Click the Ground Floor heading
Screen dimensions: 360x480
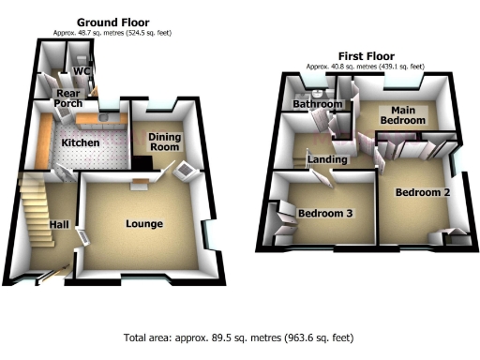point(112,22)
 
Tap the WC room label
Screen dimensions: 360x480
point(82,70)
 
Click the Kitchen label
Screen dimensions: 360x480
point(80,142)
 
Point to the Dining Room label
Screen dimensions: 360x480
point(165,143)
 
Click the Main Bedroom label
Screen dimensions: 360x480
point(402,114)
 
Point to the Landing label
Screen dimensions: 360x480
point(326,160)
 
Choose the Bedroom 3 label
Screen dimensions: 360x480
point(324,214)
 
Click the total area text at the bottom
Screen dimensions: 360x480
point(238,337)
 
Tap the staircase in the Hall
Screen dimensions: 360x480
point(34,202)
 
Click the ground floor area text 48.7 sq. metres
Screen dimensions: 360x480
point(112,32)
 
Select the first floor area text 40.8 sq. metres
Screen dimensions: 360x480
point(364,67)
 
